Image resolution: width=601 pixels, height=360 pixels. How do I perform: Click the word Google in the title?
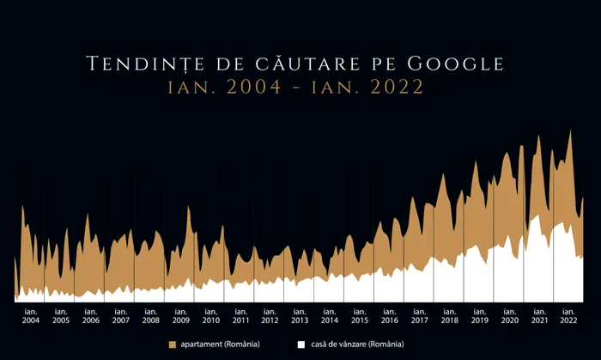tap(455, 64)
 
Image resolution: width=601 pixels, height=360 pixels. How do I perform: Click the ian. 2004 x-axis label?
tap(30, 315)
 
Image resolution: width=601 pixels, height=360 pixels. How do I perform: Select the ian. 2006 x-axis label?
tap(90, 315)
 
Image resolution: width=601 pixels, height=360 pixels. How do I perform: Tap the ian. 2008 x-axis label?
tap(150, 315)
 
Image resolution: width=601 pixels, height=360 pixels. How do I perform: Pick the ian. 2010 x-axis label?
tap(210, 315)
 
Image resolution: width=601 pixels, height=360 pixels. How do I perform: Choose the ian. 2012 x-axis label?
tap(270, 315)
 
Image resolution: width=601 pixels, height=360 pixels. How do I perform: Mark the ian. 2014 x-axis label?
tap(330, 315)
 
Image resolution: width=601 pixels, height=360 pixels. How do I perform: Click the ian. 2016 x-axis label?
tap(389, 315)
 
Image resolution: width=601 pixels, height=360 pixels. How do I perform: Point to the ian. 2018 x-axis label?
tap(449, 315)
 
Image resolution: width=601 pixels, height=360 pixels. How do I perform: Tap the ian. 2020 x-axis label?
tap(509, 315)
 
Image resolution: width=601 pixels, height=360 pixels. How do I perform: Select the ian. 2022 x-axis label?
tap(568, 315)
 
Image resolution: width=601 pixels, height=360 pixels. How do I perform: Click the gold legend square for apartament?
tap(173, 344)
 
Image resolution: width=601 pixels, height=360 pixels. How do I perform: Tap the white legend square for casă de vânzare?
tap(301, 344)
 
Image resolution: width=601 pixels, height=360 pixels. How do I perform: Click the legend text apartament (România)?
tap(219, 344)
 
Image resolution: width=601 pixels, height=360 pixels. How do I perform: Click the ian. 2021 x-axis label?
tap(539, 315)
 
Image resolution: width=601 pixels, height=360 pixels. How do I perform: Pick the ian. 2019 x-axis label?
tap(479, 315)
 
